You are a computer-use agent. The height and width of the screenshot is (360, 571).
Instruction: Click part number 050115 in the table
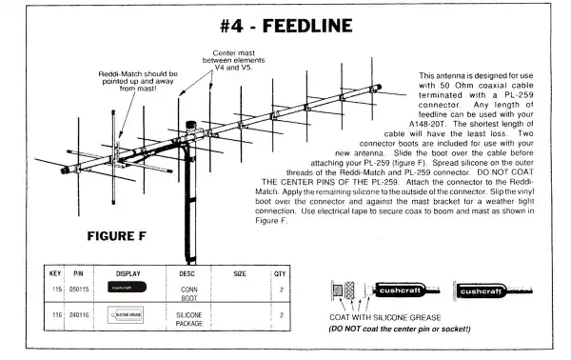click(80, 287)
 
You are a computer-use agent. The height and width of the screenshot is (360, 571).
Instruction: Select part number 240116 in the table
click(80, 312)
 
